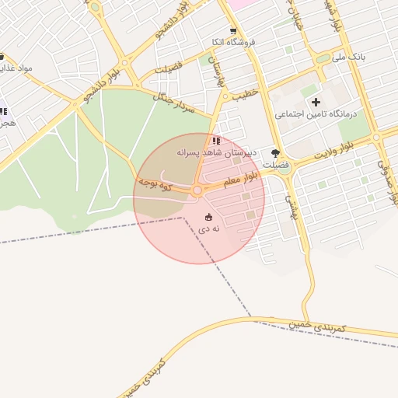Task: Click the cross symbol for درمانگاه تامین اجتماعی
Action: pyautogui.click(x=316, y=102)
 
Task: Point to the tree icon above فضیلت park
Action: pyautogui.click(x=275, y=153)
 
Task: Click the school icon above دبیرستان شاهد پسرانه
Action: pyautogui.click(x=215, y=141)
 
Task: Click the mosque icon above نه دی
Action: pyautogui.click(x=208, y=217)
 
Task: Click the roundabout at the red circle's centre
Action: pyautogui.click(x=198, y=190)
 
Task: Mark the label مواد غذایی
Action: pyautogui.click(x=16, y=68)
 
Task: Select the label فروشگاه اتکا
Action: pyautogui.click(x=243, y=41)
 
